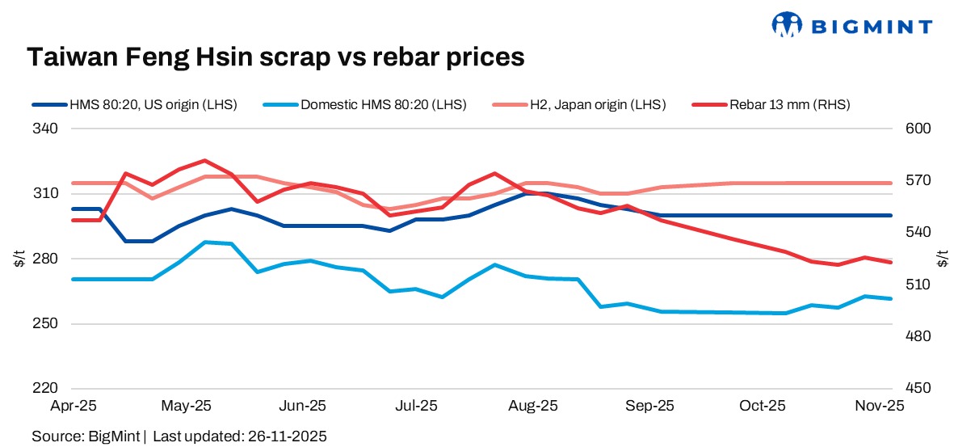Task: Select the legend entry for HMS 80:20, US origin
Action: click(x=135, y=104)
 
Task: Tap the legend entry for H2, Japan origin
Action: click(x=580, y=104)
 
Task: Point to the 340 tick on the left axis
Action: click(x=44, y=129)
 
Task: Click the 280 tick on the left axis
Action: click(x=44, y=259)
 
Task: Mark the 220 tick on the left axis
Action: click(x=44, y=389)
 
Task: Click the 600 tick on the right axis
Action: click(x=919, y=129)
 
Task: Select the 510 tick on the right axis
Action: click(x=919, y=285)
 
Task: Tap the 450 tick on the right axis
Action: click(x=919, y=389)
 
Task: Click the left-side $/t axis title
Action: click(x=18, y=259)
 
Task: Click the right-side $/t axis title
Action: click(x=942, y=259)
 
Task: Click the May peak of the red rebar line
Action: click(x=204, y=161)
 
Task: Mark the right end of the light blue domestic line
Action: click(x=891, y=298)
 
